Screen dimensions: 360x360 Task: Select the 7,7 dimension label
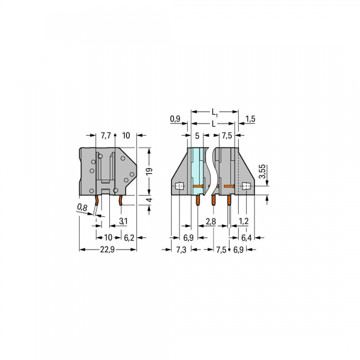106,136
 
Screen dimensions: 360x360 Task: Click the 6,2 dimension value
128,237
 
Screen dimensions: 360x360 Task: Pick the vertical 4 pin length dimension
149,200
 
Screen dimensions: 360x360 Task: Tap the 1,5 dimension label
250,120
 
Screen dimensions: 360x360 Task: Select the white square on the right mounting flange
245,187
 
